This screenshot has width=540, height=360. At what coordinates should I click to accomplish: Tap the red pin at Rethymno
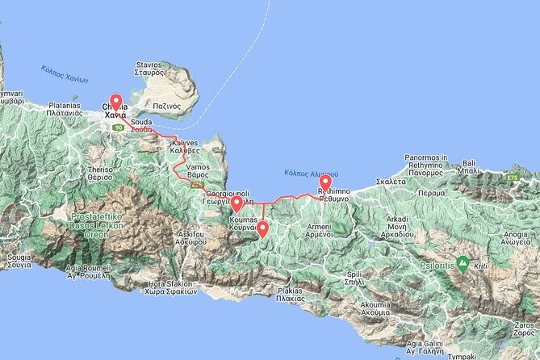325,185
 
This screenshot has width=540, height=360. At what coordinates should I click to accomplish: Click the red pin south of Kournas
262,228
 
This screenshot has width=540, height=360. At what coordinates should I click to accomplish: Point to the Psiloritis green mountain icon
463,262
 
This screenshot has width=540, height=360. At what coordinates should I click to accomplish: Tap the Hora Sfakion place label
172,288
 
